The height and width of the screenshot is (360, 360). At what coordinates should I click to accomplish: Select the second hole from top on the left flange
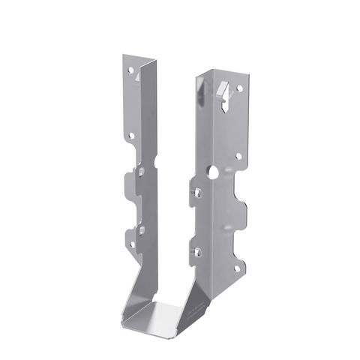coord(131,136)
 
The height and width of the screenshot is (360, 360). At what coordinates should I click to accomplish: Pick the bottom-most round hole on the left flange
coord(132,244)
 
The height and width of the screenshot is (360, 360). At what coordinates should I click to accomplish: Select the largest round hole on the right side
coord(214,172)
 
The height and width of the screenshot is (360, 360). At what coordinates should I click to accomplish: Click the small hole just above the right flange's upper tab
coord(238,157)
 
